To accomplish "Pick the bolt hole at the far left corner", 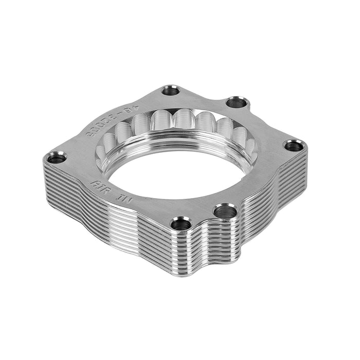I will (x=57, y=158).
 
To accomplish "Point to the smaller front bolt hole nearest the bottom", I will (x=181, y=224).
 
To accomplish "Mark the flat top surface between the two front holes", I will (x=203, y=216).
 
